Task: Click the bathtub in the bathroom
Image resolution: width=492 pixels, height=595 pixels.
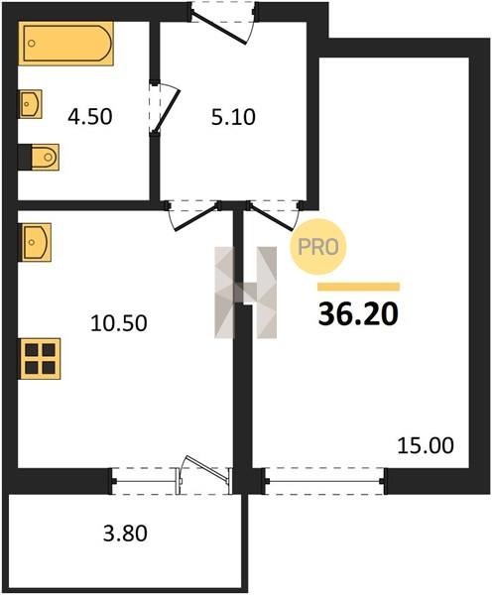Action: pyautogui.click(x=65, y=44)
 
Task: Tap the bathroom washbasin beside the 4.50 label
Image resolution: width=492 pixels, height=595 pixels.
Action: pyautogui.click(x=31, y=103)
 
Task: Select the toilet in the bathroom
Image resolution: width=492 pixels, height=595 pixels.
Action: pyautogui.click(x=39, y=157)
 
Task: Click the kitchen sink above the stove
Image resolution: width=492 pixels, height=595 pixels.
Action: pyautogui.click(x=36, y=242)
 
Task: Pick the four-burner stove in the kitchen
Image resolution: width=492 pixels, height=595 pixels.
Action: pyautogui.click(x=40, y=359)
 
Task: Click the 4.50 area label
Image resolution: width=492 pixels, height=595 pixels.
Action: pyautogui.click(x=90, y=116)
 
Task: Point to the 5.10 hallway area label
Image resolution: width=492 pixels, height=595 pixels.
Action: pyautogui.click(x=233, y=117)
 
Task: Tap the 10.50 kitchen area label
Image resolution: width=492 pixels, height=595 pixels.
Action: pyautogui.click(x=119, y=323)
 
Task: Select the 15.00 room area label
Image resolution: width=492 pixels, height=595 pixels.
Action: pyautogui.click(x=426, y=445)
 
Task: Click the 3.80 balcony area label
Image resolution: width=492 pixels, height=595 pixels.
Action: pyautogui.click(x=125, y=534)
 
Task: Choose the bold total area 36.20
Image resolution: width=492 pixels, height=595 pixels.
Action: pyautogui.click(x=358, y=314)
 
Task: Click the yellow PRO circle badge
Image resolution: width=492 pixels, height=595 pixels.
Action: pyautogui.click(x=318, y=247)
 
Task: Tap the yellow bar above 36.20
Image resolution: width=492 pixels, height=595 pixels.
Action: pyautogui.click(x=359, y=287)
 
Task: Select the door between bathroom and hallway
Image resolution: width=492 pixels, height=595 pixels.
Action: pyautogui.click(x=164, y=109)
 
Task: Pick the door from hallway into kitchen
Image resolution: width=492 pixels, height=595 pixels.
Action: pyautogui.click(x=193, y=215)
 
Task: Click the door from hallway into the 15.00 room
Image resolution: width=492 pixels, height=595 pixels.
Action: pyautogui.click(x=273, y=215)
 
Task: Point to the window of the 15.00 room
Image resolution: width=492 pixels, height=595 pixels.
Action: pyautogui.click(x=324, y=481)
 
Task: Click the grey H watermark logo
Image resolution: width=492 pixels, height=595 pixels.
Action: pyautogui.click(x=246, y=293)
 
